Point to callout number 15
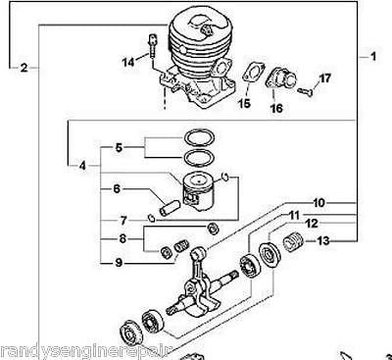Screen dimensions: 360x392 (x=244, y=102)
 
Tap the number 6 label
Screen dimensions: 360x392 (x=116, y=189)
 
